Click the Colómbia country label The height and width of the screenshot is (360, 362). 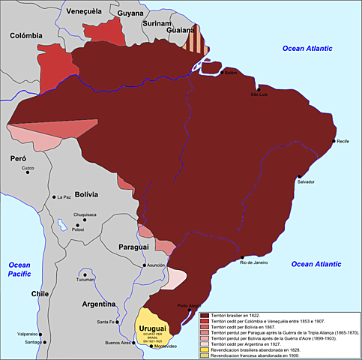click(25, 34)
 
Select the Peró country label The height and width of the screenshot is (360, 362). click(17, 159)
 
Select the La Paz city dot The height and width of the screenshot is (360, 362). click(52, 197)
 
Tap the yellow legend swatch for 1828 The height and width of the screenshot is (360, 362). click(205, 349)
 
